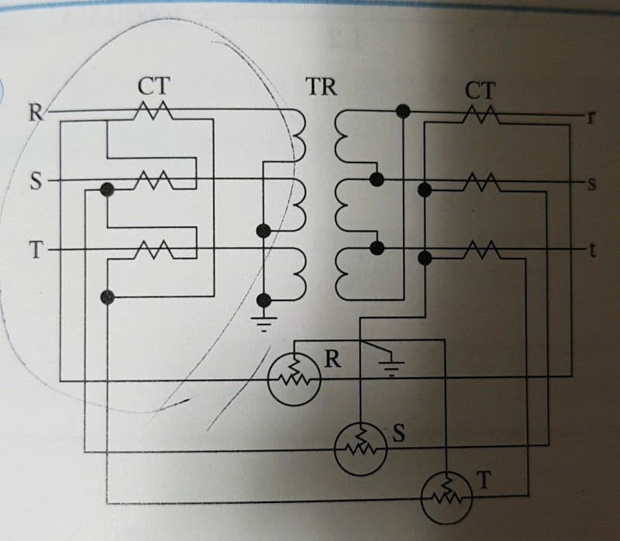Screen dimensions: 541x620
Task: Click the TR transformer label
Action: click(321, 86)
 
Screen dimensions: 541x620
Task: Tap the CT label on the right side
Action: click(480, 90)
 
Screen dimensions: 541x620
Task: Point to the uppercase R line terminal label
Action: click(36, 112)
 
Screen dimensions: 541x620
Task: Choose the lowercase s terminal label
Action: click(591, 184)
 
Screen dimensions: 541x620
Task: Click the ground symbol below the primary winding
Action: click(265, 322)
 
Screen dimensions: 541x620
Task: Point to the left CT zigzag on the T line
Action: click(153, 250)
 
